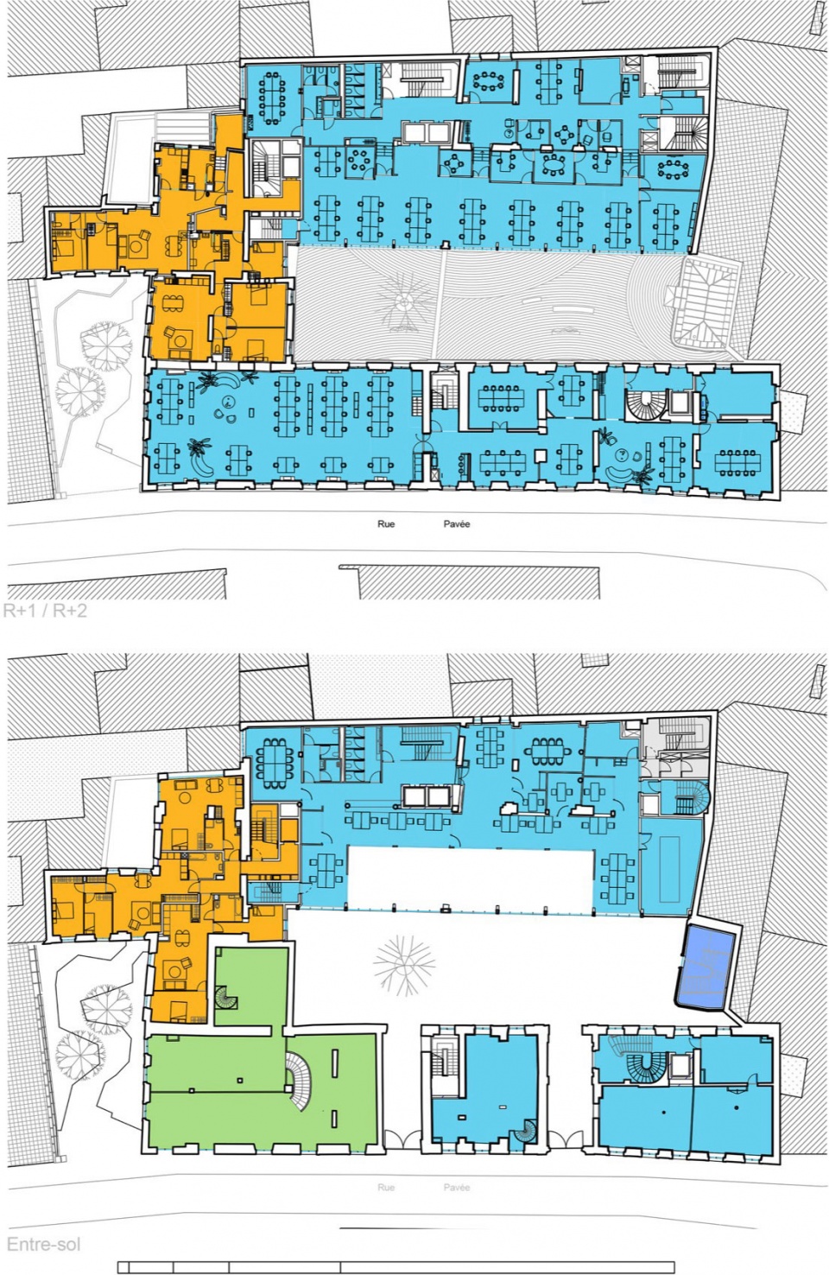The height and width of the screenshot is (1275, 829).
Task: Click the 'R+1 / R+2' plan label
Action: coord(45,611)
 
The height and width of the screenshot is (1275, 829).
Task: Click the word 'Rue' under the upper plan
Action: coord(386,523)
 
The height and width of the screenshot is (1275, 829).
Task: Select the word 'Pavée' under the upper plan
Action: coord(456,523)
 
